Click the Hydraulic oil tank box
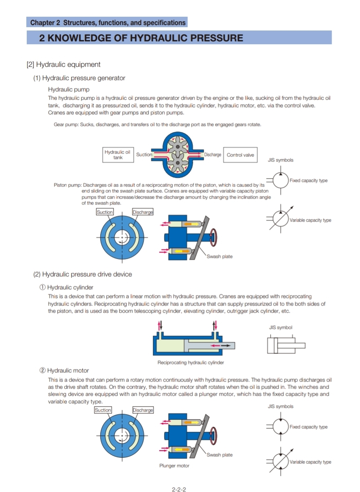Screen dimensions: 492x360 click(x=118, y=155)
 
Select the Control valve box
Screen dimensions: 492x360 click(x=240, y=155)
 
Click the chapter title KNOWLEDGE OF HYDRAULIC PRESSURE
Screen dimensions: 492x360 click(x=141, y=38)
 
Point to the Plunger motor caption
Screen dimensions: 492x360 click(x=174, y=466)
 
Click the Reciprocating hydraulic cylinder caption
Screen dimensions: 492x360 click(x=190, y=362)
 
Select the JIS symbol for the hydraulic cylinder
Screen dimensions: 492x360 click(x=286, y=345)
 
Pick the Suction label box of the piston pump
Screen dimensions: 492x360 click(x=105, y=212)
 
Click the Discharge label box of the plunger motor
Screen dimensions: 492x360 click(x=143, y=410)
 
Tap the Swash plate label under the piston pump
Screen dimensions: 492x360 click(x=220, y=256)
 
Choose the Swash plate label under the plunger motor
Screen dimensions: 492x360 click(x=220, y=454)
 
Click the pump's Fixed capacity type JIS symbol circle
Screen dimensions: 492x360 click(x=281, y=181)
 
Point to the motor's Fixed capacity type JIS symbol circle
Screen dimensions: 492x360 click(x=281, y=426)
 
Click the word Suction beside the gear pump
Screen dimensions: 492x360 click(x=144, y=154)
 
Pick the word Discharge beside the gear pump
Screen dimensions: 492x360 click(x=213, y=154)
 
